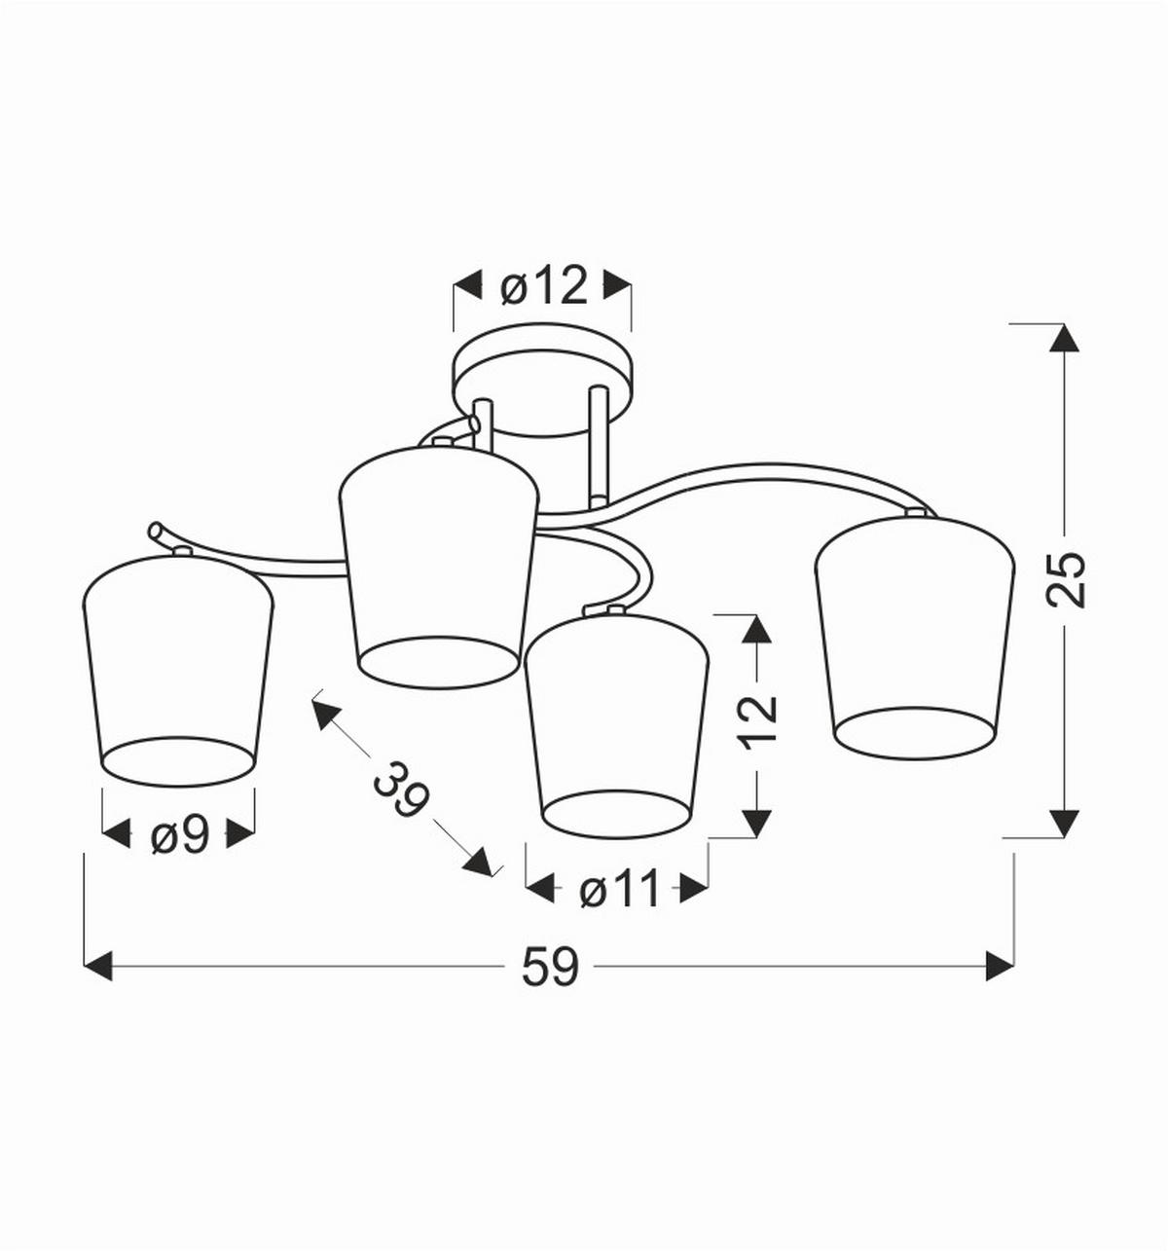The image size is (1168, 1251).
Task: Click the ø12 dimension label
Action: click(544, 286)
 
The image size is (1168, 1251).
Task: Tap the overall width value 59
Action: click(549, 967)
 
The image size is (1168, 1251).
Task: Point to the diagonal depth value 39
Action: click(401, 789)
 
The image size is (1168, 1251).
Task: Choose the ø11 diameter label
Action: click(618, 890)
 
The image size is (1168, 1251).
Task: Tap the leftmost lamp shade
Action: click(178, 671)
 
